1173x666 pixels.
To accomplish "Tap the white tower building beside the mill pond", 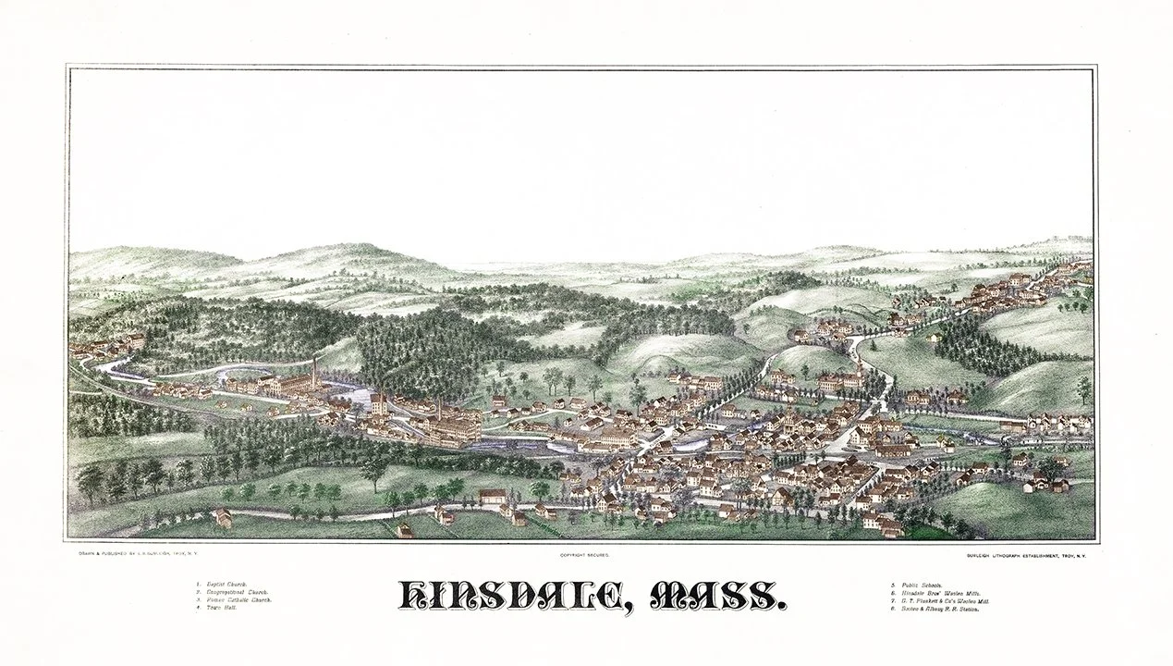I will point(379,404).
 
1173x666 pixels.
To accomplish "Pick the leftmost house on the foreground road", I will point(222,518).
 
